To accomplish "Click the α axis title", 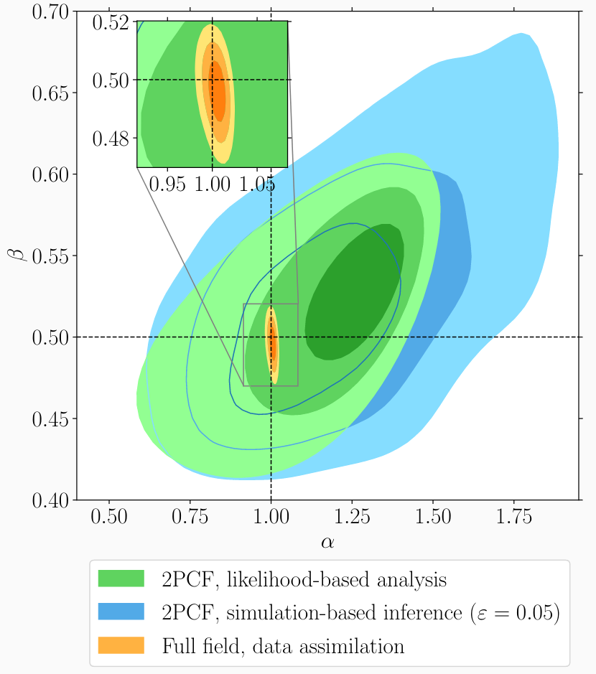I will tap(327, 542).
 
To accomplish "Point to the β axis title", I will tap(19, 256).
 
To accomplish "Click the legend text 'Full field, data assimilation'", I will tap(283, 645).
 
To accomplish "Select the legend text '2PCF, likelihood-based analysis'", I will tap(304, 579).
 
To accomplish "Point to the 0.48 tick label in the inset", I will tap(111, 138).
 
